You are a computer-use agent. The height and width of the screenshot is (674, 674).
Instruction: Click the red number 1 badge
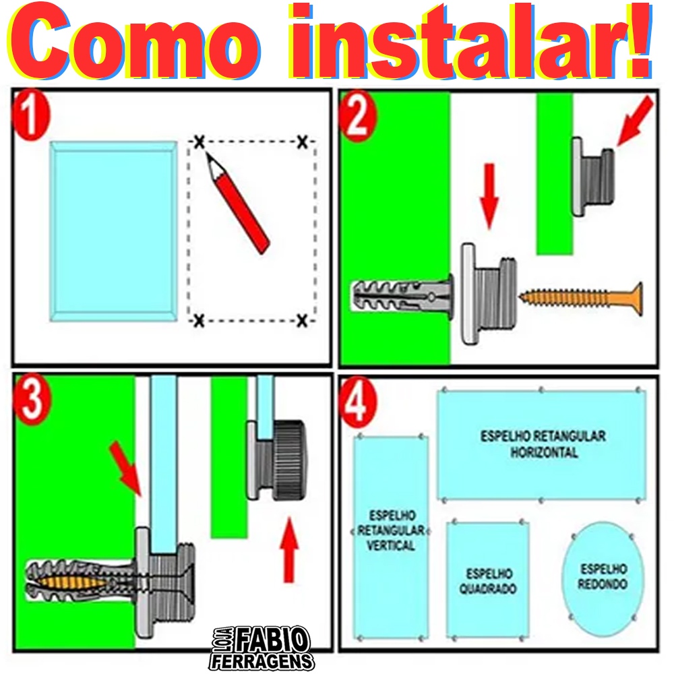click(31, 115)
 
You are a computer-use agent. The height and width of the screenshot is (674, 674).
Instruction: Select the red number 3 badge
click(32, 399)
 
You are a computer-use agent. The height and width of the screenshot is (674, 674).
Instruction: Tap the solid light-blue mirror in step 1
click(113, 231)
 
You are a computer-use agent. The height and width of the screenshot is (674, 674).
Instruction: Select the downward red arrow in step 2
click(489, 196)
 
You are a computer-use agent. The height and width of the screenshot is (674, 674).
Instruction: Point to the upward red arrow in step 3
click(289, 550)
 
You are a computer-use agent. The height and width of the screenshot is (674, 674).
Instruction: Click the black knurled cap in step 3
click(289, 460)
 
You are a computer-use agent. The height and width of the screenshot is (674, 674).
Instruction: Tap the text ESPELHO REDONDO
click(603, 577)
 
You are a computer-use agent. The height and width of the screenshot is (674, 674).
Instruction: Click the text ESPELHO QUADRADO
click(488, 581)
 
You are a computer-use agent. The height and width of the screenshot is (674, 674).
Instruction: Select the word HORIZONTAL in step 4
click(544, 452)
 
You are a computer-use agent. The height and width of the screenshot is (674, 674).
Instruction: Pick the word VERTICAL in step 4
click(391, 545)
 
